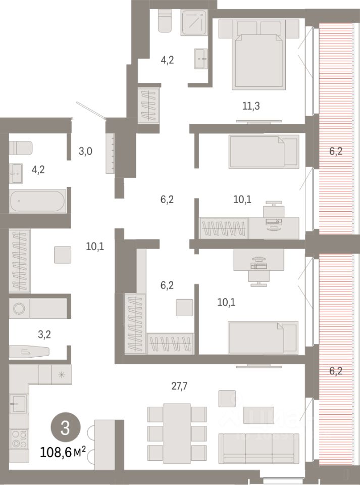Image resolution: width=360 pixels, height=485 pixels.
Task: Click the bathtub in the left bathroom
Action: [x=37, y=201]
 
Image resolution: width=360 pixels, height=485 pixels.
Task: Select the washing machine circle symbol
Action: [x=19, y=308]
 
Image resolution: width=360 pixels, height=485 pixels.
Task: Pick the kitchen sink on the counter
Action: [x=19, y=404]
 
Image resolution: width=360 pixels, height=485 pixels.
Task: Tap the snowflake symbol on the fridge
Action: [x=61, y=374]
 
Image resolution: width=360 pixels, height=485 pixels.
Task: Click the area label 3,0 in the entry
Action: [x=85, y=150]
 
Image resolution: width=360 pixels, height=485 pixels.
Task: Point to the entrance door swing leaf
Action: [x=90, y=111]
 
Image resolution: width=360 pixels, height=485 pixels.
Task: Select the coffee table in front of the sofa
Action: [x=259, y=415]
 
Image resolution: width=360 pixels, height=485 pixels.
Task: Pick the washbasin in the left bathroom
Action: [x=16, y=173]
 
